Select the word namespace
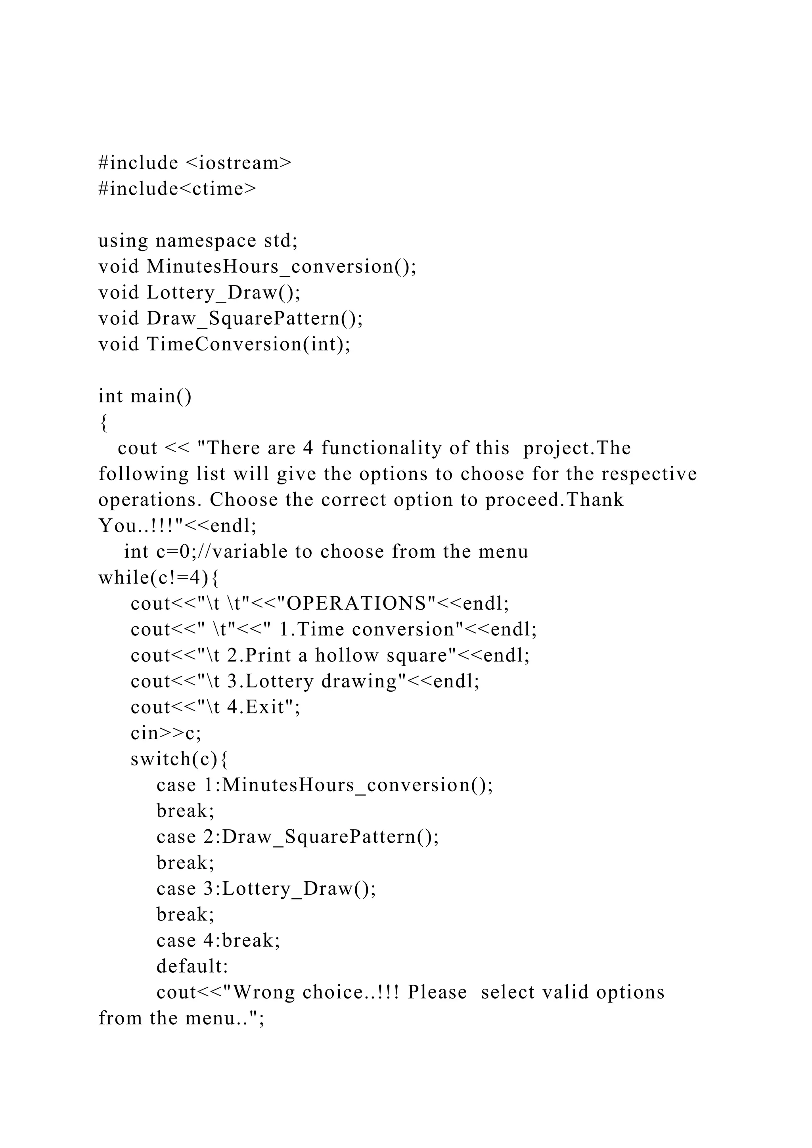pos(206,241)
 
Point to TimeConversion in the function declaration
pos(224,344)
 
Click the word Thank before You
pos(596,500)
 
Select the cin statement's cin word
pos(144,733)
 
